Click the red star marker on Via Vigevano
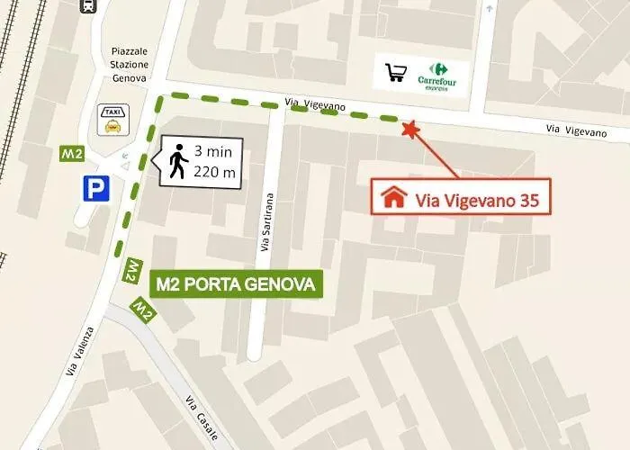410,130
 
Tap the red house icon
393,197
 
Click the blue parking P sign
94,189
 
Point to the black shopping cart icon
395,73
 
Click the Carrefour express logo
437,75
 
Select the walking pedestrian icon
179,163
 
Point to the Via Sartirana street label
267,223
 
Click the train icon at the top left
90,5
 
